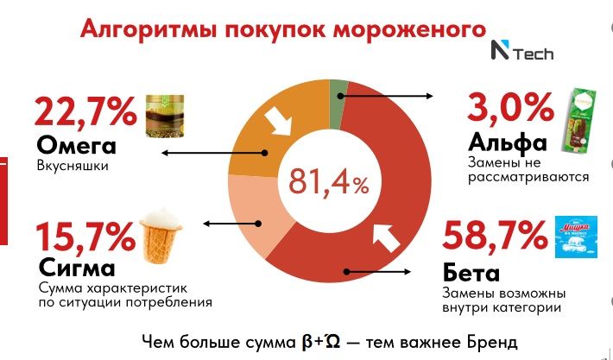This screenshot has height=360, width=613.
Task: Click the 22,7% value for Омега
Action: click(85, 112)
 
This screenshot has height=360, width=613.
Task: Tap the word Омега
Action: click(71, 143)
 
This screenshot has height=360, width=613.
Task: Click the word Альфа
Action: click(508, 141)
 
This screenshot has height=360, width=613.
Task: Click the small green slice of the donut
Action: click(339, 90)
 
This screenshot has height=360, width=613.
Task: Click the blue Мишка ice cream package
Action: click(572, 236)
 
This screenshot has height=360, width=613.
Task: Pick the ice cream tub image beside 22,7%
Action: click(163, 116)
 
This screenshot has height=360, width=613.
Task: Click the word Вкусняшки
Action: click(73, 165)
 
